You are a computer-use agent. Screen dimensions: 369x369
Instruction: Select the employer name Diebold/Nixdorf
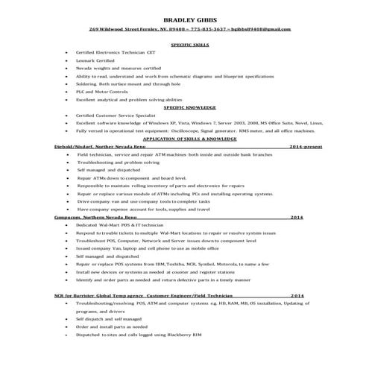point(75,147)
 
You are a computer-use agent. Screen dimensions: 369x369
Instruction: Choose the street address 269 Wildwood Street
point(116,29)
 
